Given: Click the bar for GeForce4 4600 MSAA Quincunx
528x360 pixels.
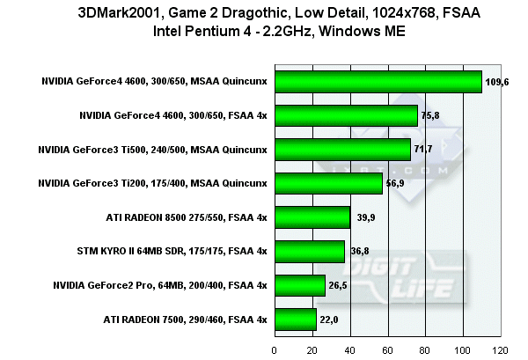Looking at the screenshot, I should click(x=378, y=82).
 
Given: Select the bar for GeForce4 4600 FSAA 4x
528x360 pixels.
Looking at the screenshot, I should click(x=346, y=115).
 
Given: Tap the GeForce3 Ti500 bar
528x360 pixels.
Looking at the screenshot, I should click(x=342, y=150).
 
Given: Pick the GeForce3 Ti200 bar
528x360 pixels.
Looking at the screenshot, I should click(x=328, y=183).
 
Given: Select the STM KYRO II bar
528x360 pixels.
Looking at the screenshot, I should click(x=310, y=251).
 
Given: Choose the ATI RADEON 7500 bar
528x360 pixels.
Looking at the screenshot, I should click(x=296, y=319).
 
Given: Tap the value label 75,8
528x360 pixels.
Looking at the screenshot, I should click(x=430, y=115).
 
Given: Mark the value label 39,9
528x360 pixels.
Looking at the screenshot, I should click(x=363, y=217).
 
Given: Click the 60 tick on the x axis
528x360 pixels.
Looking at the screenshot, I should click(x=387, y=349).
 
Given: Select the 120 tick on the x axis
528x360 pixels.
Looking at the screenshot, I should click(x=500, y=349).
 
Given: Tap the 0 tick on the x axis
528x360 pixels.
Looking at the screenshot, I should click(x=275, y=349).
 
